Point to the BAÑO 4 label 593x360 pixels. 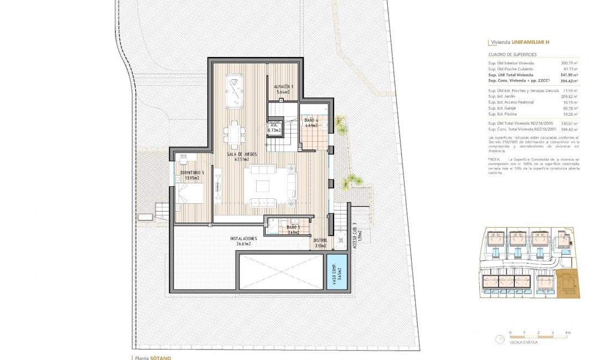311,123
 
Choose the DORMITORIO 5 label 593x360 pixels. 192,175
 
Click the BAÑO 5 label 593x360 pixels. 293,230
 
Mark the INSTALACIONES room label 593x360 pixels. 244,241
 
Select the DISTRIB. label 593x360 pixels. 320,244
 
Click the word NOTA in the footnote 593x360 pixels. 495,159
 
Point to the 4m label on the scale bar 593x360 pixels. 568,333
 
